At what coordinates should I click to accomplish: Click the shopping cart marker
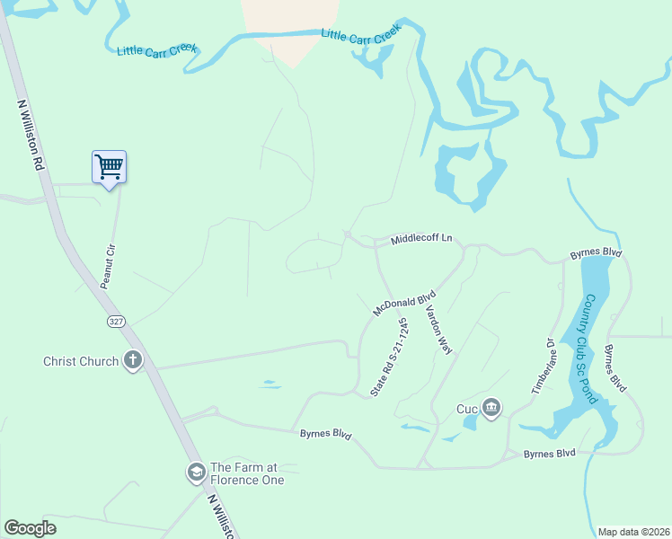[109, 167]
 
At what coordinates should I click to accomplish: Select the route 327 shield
[114, 321]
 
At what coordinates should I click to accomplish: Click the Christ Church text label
[81, 361]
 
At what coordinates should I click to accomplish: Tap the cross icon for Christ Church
[133, 361]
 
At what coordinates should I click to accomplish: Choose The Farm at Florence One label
[247, 473]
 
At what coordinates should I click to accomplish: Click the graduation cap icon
[196, 472]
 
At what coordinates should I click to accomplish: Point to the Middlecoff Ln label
[420, 240]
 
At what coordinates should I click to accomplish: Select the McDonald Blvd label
[404, 303]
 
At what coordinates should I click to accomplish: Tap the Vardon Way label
[438, 329]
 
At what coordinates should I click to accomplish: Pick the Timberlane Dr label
[542, 367]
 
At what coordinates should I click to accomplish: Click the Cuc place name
[465, 409]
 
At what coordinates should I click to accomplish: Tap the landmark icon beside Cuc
[491, 409]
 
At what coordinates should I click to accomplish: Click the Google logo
[31, 528]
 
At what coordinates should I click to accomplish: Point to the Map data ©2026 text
[633, 532]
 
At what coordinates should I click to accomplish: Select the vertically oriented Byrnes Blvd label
[614, 368]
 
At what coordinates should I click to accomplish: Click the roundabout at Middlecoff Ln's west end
[347, 236]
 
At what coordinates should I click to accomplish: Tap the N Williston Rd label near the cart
[30, 135]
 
